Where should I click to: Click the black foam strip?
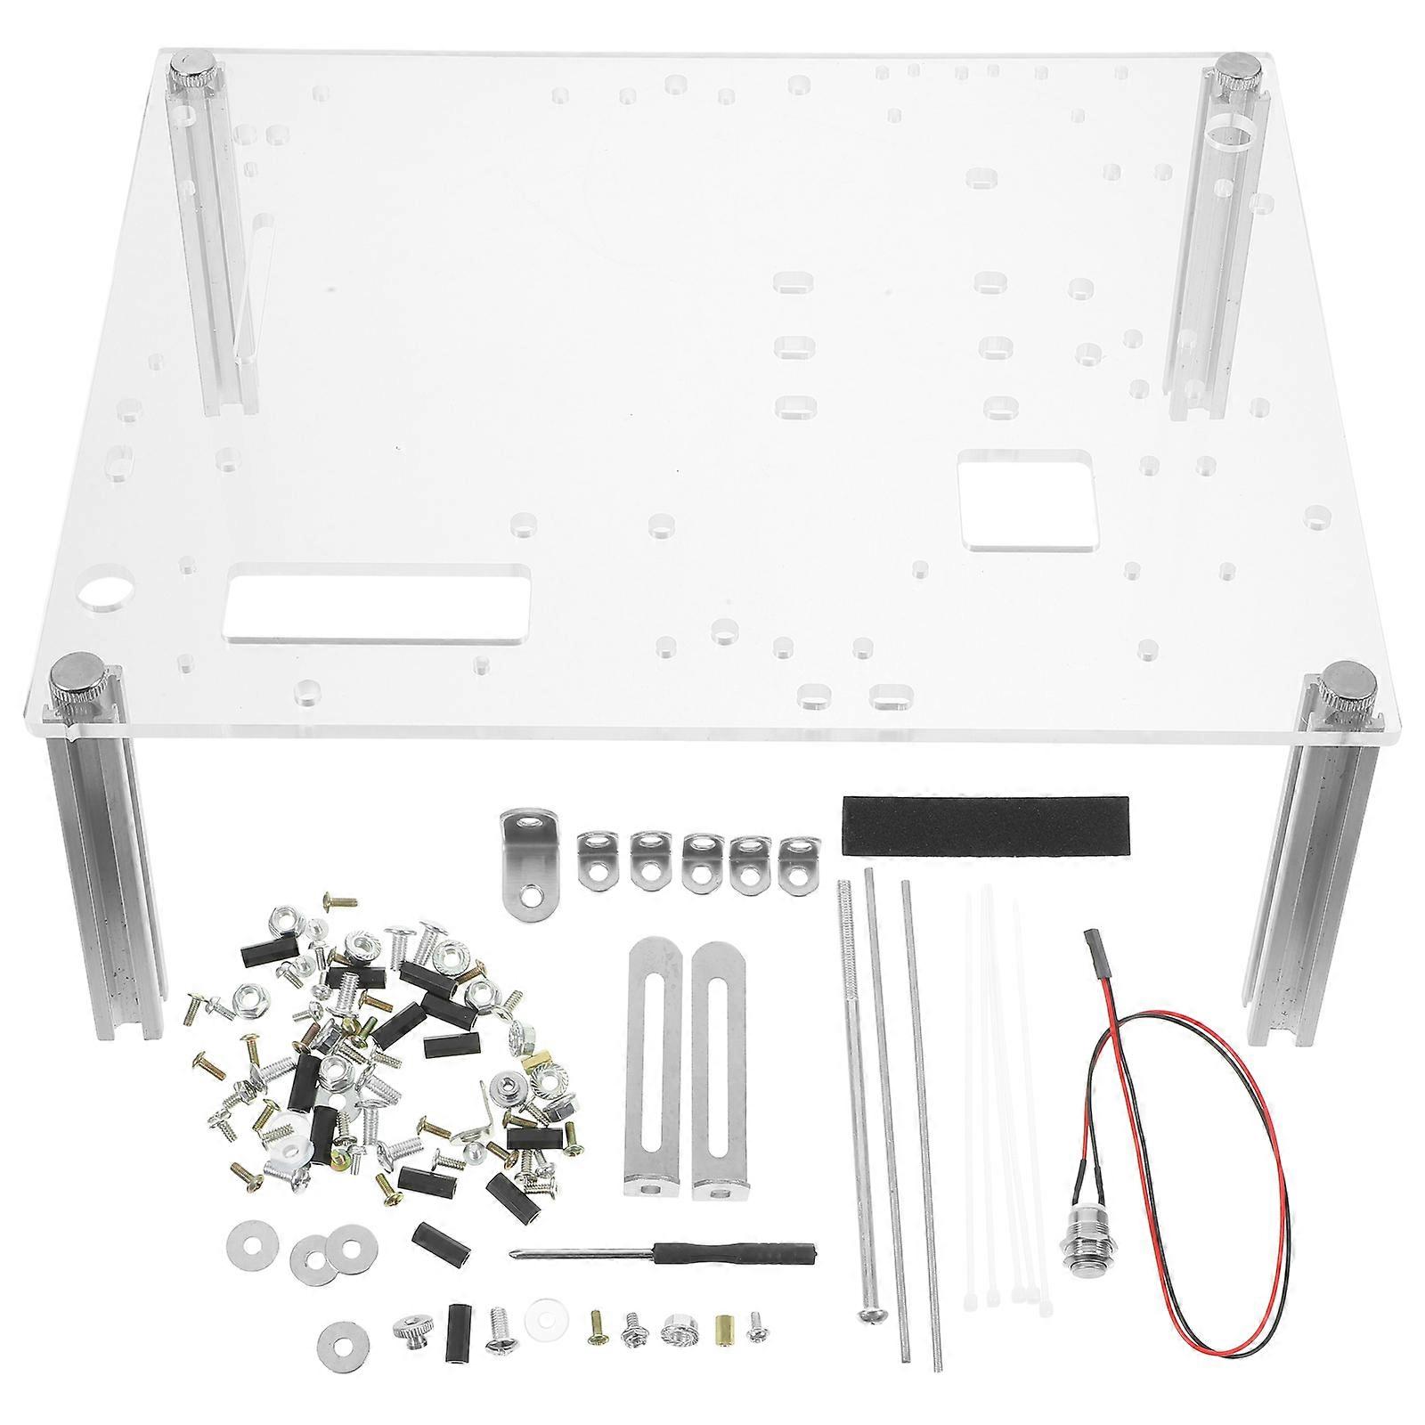pos(986,825)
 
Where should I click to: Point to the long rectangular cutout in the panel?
pos(379,603)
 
